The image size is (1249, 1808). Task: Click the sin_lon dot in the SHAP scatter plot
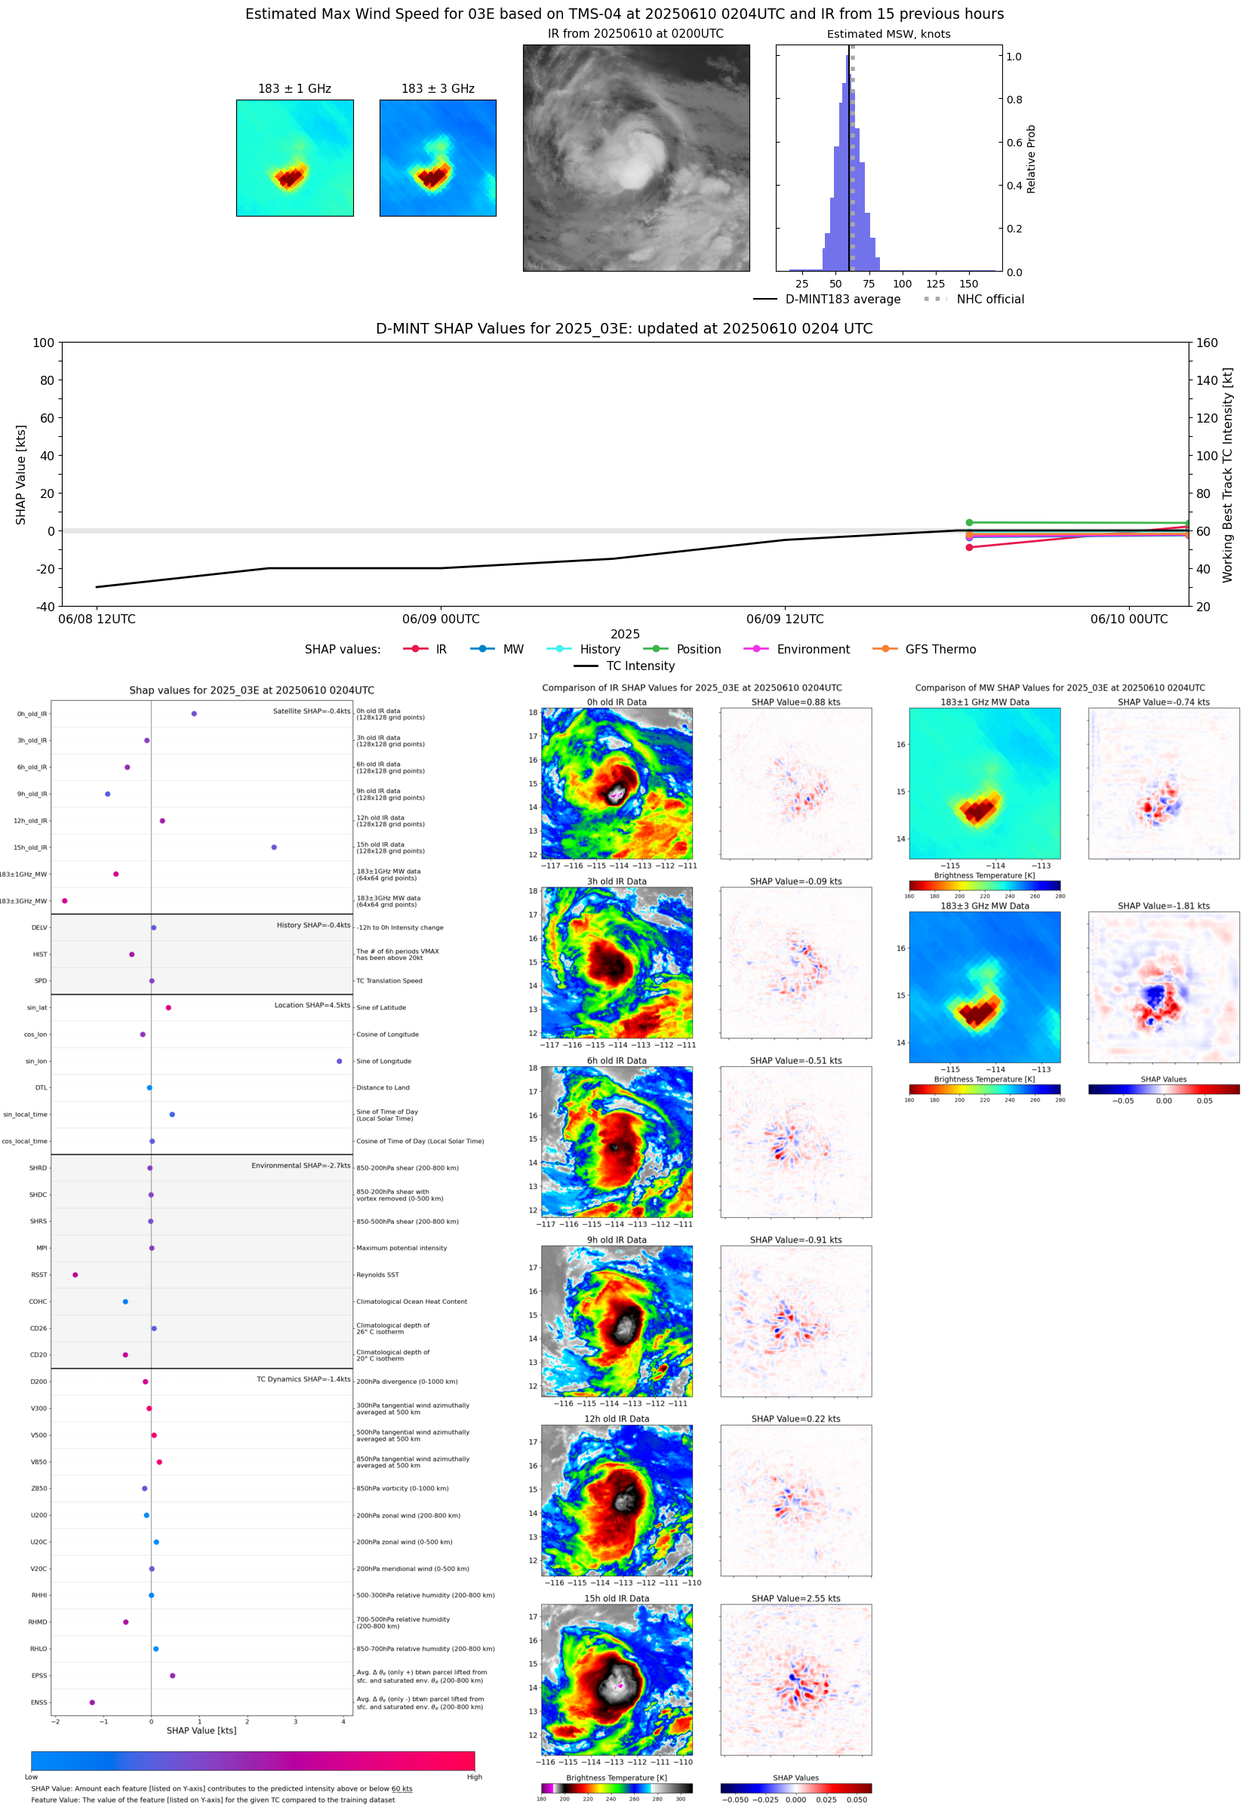(339, 1061)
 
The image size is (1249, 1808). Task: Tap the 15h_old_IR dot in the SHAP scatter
(274, 847)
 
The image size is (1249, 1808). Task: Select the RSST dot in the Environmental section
(75, 1275)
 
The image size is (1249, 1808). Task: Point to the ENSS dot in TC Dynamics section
(92, 1702)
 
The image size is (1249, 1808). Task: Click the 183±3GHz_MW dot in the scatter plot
(65, 900)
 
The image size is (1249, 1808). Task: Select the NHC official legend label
(990, 299)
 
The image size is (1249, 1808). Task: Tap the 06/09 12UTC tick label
(785, 619)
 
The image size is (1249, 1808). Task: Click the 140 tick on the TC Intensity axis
(1207, 380)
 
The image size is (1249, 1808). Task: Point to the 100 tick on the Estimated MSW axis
(903, 284)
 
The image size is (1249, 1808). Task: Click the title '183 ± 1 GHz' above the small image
(294, 88)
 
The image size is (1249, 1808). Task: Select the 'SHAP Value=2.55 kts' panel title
(796, 1598)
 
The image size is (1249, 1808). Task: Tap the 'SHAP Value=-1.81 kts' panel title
(1163, 906)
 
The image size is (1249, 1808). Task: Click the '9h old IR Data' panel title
(617, 1240)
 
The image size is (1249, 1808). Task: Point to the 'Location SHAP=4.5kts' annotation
(312, 1005)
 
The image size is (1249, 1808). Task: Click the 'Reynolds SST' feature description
(377, 1275)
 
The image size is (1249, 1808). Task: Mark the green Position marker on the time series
(969, 523)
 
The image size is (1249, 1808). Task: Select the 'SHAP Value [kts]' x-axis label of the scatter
(202, 1730)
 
